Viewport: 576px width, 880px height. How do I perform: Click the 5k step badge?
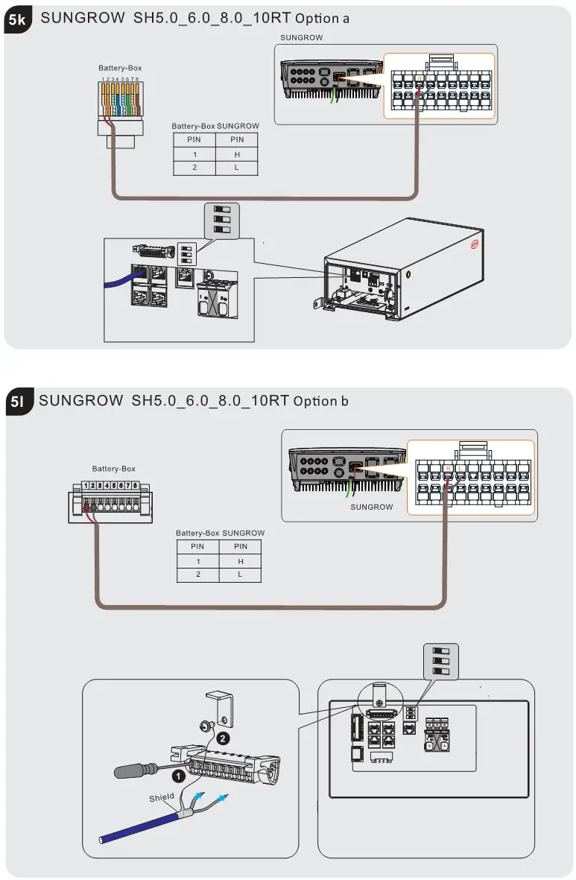tap(18, 22)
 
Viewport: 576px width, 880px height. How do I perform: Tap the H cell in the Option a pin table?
tap(237, 154)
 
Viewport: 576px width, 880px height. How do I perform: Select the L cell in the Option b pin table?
tap(241, 574)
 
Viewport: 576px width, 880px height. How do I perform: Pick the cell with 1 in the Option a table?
tap(194, 154)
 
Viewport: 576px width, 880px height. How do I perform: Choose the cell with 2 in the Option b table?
tap(197, 574)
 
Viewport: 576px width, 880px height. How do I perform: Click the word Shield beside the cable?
tap(161, 797)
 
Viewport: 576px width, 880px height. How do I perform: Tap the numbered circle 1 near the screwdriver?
tap(177, 776)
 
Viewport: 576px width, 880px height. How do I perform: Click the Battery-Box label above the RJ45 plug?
tap(120, 68)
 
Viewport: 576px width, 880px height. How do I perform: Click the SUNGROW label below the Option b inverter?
tap(371, 507)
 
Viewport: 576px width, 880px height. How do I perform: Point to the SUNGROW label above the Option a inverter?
tap(302, 37)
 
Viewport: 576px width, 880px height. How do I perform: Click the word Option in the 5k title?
tap(317, 18)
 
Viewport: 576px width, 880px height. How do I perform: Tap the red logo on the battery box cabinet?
tap(472, 242)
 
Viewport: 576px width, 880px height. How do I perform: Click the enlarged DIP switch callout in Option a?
tap(222, 219)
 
